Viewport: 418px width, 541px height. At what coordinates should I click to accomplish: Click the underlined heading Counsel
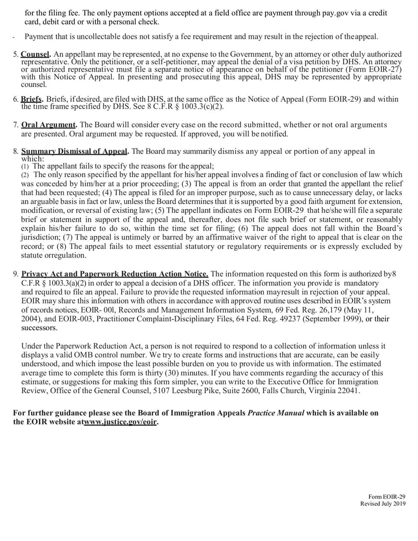(x=36, y=54)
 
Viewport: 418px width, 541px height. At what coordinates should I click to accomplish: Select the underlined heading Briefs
(x=32, y=99)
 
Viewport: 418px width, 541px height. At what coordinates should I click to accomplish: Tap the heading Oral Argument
(x=49, y=125)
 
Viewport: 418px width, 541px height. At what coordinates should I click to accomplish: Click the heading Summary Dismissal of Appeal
(x=75, y=152)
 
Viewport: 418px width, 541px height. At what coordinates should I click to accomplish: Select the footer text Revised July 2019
(x=382, y=503)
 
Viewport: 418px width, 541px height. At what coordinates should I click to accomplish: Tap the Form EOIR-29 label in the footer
(x=387, y=497)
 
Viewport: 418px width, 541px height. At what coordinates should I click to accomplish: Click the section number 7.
(x=16, y=125)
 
